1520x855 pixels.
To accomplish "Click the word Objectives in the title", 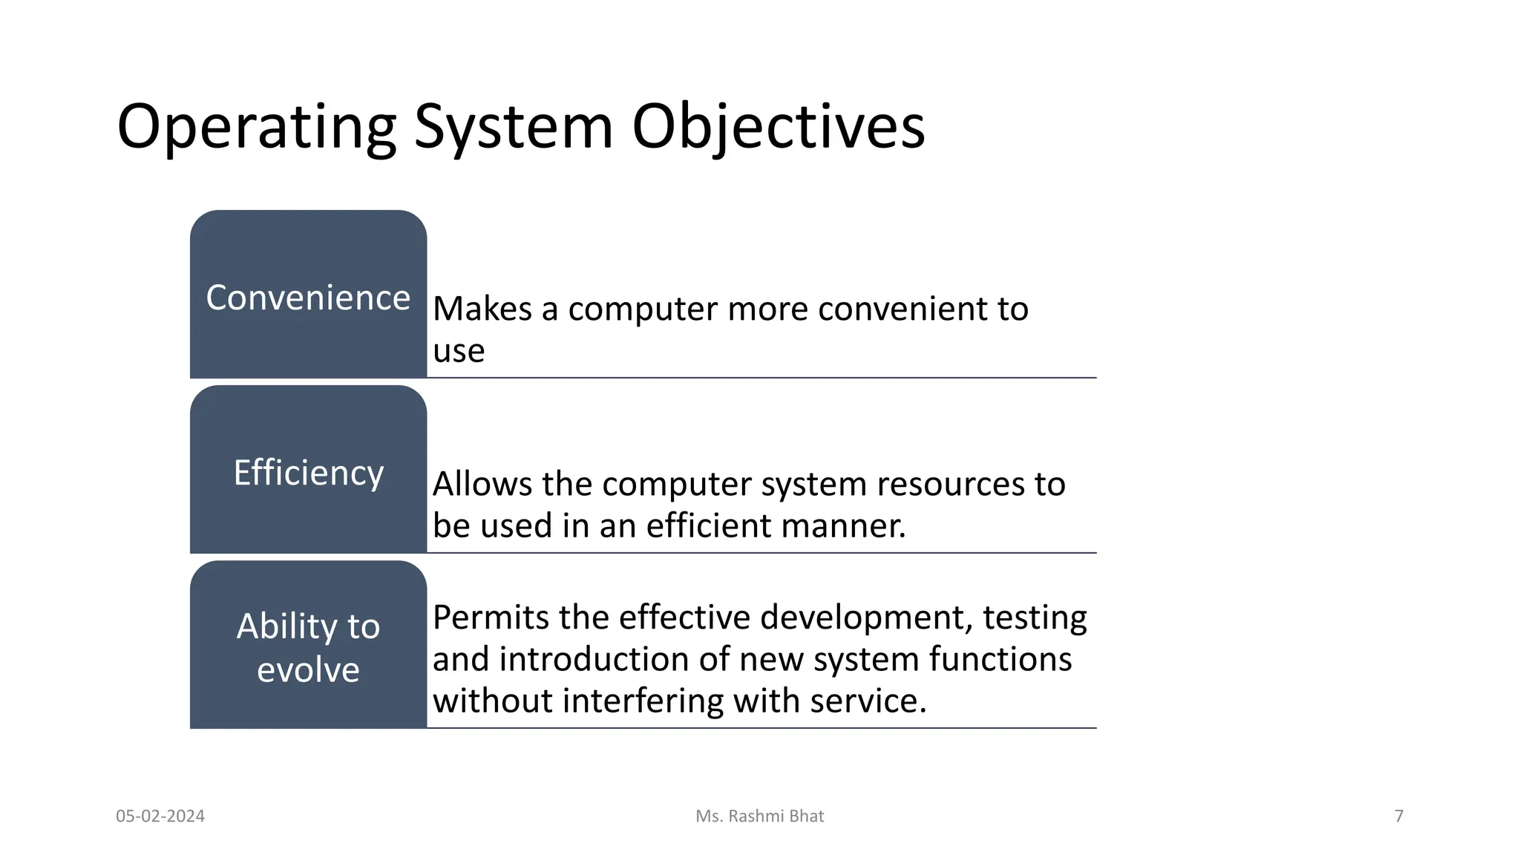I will coord(778,128).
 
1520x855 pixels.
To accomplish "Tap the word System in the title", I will coord(513,128).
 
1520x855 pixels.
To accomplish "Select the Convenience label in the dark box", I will coord(308,298).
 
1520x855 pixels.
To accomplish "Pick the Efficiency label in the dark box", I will coord(308,473).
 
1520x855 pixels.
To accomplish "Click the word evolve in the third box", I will coord(308,670).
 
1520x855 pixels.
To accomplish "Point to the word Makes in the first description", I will coord(482,309).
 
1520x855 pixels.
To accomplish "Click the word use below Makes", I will coord(458,351).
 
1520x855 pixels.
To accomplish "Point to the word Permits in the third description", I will coord(491,617).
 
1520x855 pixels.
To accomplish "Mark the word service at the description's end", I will coord(868,701).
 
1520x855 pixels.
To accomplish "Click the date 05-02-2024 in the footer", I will coord(160,816).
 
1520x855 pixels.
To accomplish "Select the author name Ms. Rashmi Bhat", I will coord(759,816).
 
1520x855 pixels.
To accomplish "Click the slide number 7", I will coord(1399,816).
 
